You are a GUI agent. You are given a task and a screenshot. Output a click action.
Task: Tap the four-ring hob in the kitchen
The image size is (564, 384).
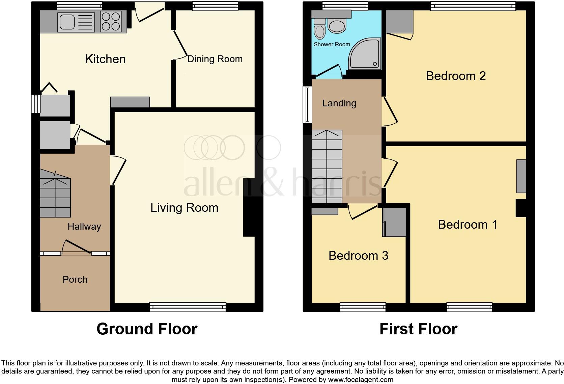pos(111,22)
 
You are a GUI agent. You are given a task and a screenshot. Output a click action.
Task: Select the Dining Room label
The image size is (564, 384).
pos(215,59)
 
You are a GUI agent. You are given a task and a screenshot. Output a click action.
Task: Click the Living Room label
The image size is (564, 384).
pos(184,208)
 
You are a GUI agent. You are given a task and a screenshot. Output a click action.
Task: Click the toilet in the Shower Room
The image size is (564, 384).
pos(319,29)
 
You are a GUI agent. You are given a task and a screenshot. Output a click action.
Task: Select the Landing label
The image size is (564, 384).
pos(339,103)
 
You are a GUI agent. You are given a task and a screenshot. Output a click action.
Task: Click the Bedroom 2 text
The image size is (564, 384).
pos(456,76)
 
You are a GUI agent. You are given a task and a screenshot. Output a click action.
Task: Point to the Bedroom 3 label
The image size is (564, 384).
pos(358,256)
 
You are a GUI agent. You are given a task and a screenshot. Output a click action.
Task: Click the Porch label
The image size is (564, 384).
pos(75,280)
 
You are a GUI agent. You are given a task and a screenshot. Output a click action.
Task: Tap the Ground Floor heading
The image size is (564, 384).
pos(147,329)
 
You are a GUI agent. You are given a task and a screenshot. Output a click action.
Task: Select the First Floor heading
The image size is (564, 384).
pos(418,329)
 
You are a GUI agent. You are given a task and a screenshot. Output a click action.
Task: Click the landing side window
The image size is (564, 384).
pos(307,104)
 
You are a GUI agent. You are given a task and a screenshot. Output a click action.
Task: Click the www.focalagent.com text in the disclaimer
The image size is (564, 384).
pos(361,380)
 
